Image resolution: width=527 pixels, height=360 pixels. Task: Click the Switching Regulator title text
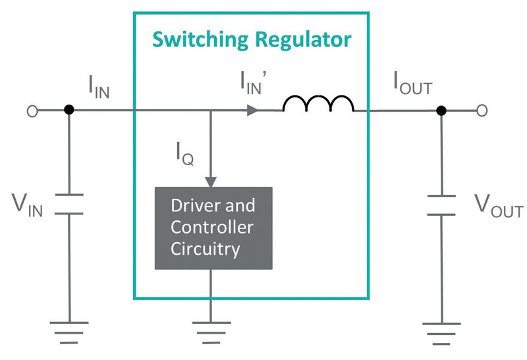point(252,39)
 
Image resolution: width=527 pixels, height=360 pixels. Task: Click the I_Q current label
point(184,155)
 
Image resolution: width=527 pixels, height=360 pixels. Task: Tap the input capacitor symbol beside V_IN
point(68,204)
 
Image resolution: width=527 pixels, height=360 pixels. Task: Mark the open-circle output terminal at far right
point(482,111)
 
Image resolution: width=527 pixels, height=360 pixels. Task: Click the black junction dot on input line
point(68,111)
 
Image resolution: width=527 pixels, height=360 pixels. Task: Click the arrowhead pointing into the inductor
point(252,111)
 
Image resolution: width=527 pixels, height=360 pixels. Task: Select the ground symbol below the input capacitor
point(68,332)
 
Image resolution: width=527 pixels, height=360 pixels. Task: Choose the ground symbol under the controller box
point(211,332)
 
